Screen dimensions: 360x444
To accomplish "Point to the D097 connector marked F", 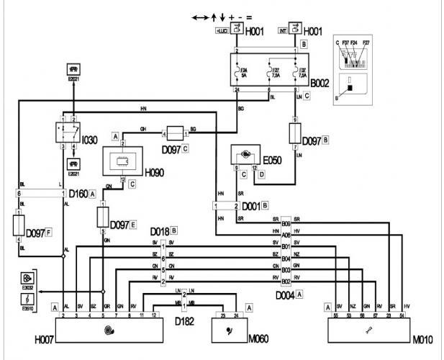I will [x=19, y=225].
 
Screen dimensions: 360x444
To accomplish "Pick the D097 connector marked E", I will [x=103, y=215].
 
